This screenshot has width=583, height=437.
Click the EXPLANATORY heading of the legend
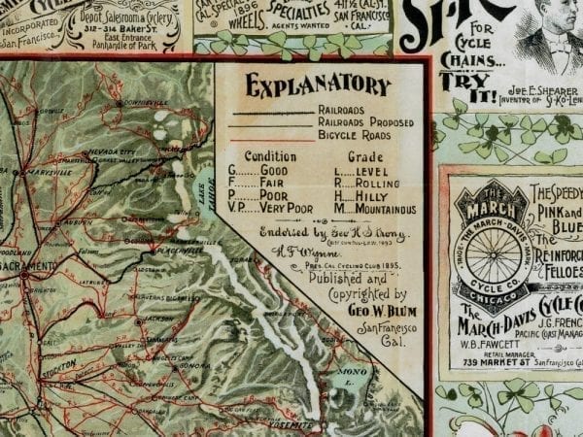point(318,86)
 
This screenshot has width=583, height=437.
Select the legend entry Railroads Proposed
point(364,123)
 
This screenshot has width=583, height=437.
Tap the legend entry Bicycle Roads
point(355,136)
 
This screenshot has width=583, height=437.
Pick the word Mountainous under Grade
point(381,208)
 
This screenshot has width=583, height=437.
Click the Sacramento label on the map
point(29,265)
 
